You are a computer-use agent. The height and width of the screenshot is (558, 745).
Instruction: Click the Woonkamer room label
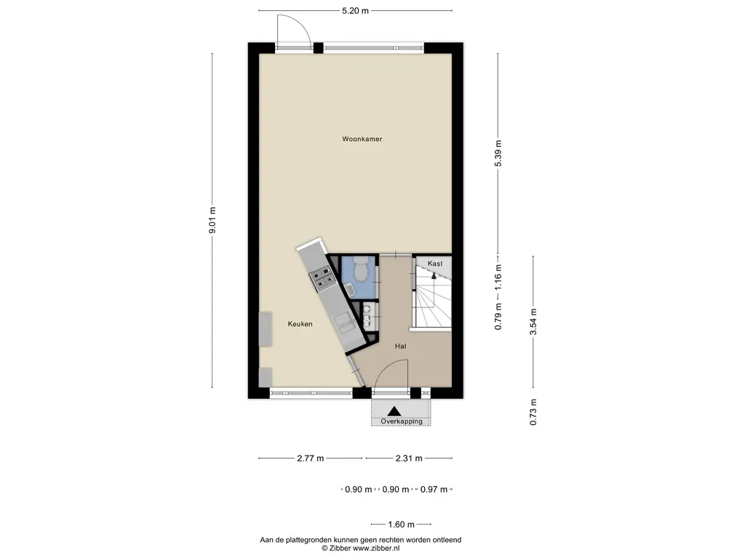click(x=362, y=139)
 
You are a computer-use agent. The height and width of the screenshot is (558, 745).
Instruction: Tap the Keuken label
click(x=300, y=324)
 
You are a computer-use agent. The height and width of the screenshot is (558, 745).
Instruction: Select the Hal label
click(x=401, y=347)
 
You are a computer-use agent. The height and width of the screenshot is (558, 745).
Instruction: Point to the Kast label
click(x=435, y=263)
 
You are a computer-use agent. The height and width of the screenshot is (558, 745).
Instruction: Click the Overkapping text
click(x=402, y=421)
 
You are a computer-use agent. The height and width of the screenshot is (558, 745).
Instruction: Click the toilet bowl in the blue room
click(x=361, y=269)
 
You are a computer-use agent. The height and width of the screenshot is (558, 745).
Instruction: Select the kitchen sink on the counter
click(x=346, y=325)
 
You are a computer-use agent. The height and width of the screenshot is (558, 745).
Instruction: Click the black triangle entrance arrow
click(x=394, y=411)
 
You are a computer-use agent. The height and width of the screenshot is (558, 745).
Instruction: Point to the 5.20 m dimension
click(x=355, y=10)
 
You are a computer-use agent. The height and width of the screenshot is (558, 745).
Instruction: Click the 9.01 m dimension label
click(x=212, y=220)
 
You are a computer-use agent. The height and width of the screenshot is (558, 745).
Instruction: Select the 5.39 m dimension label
click(x=498, y=153)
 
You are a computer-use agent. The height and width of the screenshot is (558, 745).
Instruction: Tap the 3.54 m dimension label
click(x=533, y=322)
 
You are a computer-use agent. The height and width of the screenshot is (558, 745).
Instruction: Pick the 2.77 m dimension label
click(x=310, y=458)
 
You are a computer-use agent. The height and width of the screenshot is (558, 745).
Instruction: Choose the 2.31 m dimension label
click(x=409, y=458)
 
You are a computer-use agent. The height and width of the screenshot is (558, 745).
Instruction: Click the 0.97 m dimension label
click(x=434, y=490)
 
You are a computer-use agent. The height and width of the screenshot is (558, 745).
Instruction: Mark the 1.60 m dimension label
click(x=401, y=525)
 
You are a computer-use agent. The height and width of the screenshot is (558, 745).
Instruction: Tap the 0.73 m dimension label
click(x=533, y=412)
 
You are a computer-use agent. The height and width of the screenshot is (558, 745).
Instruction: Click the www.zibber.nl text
click(x=376, y=548)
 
